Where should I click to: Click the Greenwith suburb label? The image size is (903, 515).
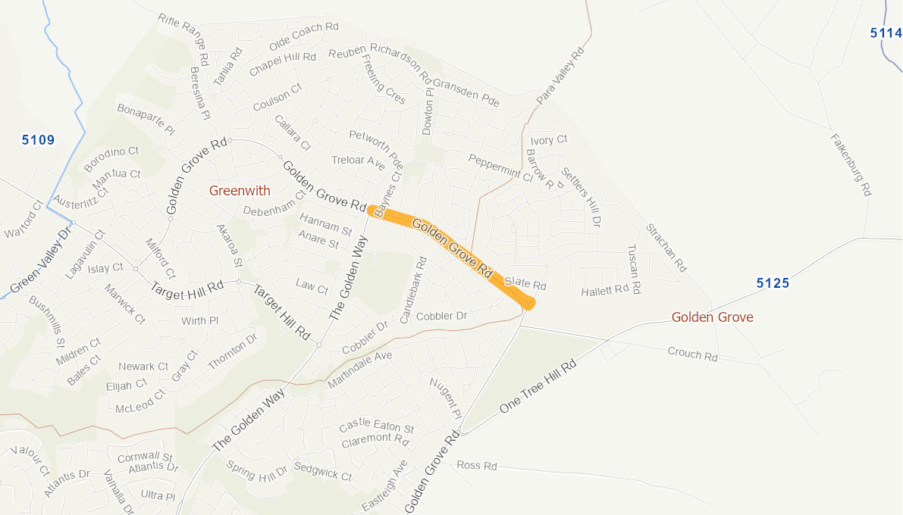[x=240, y=191]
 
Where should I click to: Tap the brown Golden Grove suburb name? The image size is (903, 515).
[x=712, y=317]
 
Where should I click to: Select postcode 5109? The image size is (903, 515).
[x=38, y=139]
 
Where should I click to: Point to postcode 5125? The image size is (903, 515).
[x=773, y=283]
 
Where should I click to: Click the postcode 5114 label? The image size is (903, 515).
[x=886, y=33]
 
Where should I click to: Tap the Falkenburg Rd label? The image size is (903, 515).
[x=851, y=165]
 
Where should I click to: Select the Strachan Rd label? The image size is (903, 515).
[x=666, y=247]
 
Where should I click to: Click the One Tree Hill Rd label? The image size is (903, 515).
[x=538, y=386]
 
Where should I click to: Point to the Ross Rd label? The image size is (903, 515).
[x=477, y=466]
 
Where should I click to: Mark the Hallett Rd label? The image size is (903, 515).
[x=605, y=290]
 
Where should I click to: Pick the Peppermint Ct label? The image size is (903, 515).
[x=500, y=167]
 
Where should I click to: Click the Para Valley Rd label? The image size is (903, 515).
[x=562, y=74]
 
